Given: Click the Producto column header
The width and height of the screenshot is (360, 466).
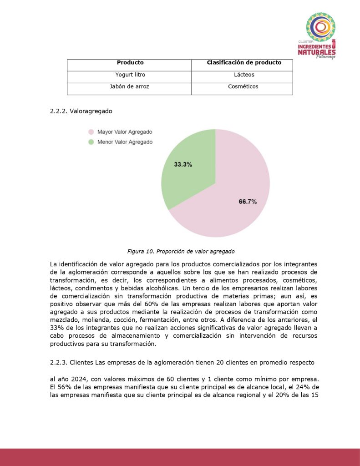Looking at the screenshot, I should [x=130, y=63].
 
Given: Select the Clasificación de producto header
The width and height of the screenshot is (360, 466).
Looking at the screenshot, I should [x=244, y=63].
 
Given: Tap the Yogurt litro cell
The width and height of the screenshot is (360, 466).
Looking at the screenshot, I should [x=130, y=75].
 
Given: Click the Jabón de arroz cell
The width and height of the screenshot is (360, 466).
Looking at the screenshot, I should [x=130, y=86].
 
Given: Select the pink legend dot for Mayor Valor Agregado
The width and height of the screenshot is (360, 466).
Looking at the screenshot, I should [x=91, y=132].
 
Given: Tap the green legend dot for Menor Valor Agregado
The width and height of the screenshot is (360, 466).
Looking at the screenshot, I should [x=91, y=142].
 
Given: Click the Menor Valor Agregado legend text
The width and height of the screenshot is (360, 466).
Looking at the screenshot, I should [x=125, y=142].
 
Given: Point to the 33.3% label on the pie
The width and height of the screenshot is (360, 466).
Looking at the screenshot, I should [x=183, y=164].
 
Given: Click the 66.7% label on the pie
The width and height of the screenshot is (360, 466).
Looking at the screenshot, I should [x=248, y=202].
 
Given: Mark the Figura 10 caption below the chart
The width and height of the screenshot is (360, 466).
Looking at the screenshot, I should [x=181, y=251].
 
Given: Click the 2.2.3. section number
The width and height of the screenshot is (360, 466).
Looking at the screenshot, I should [x=59, y=362].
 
